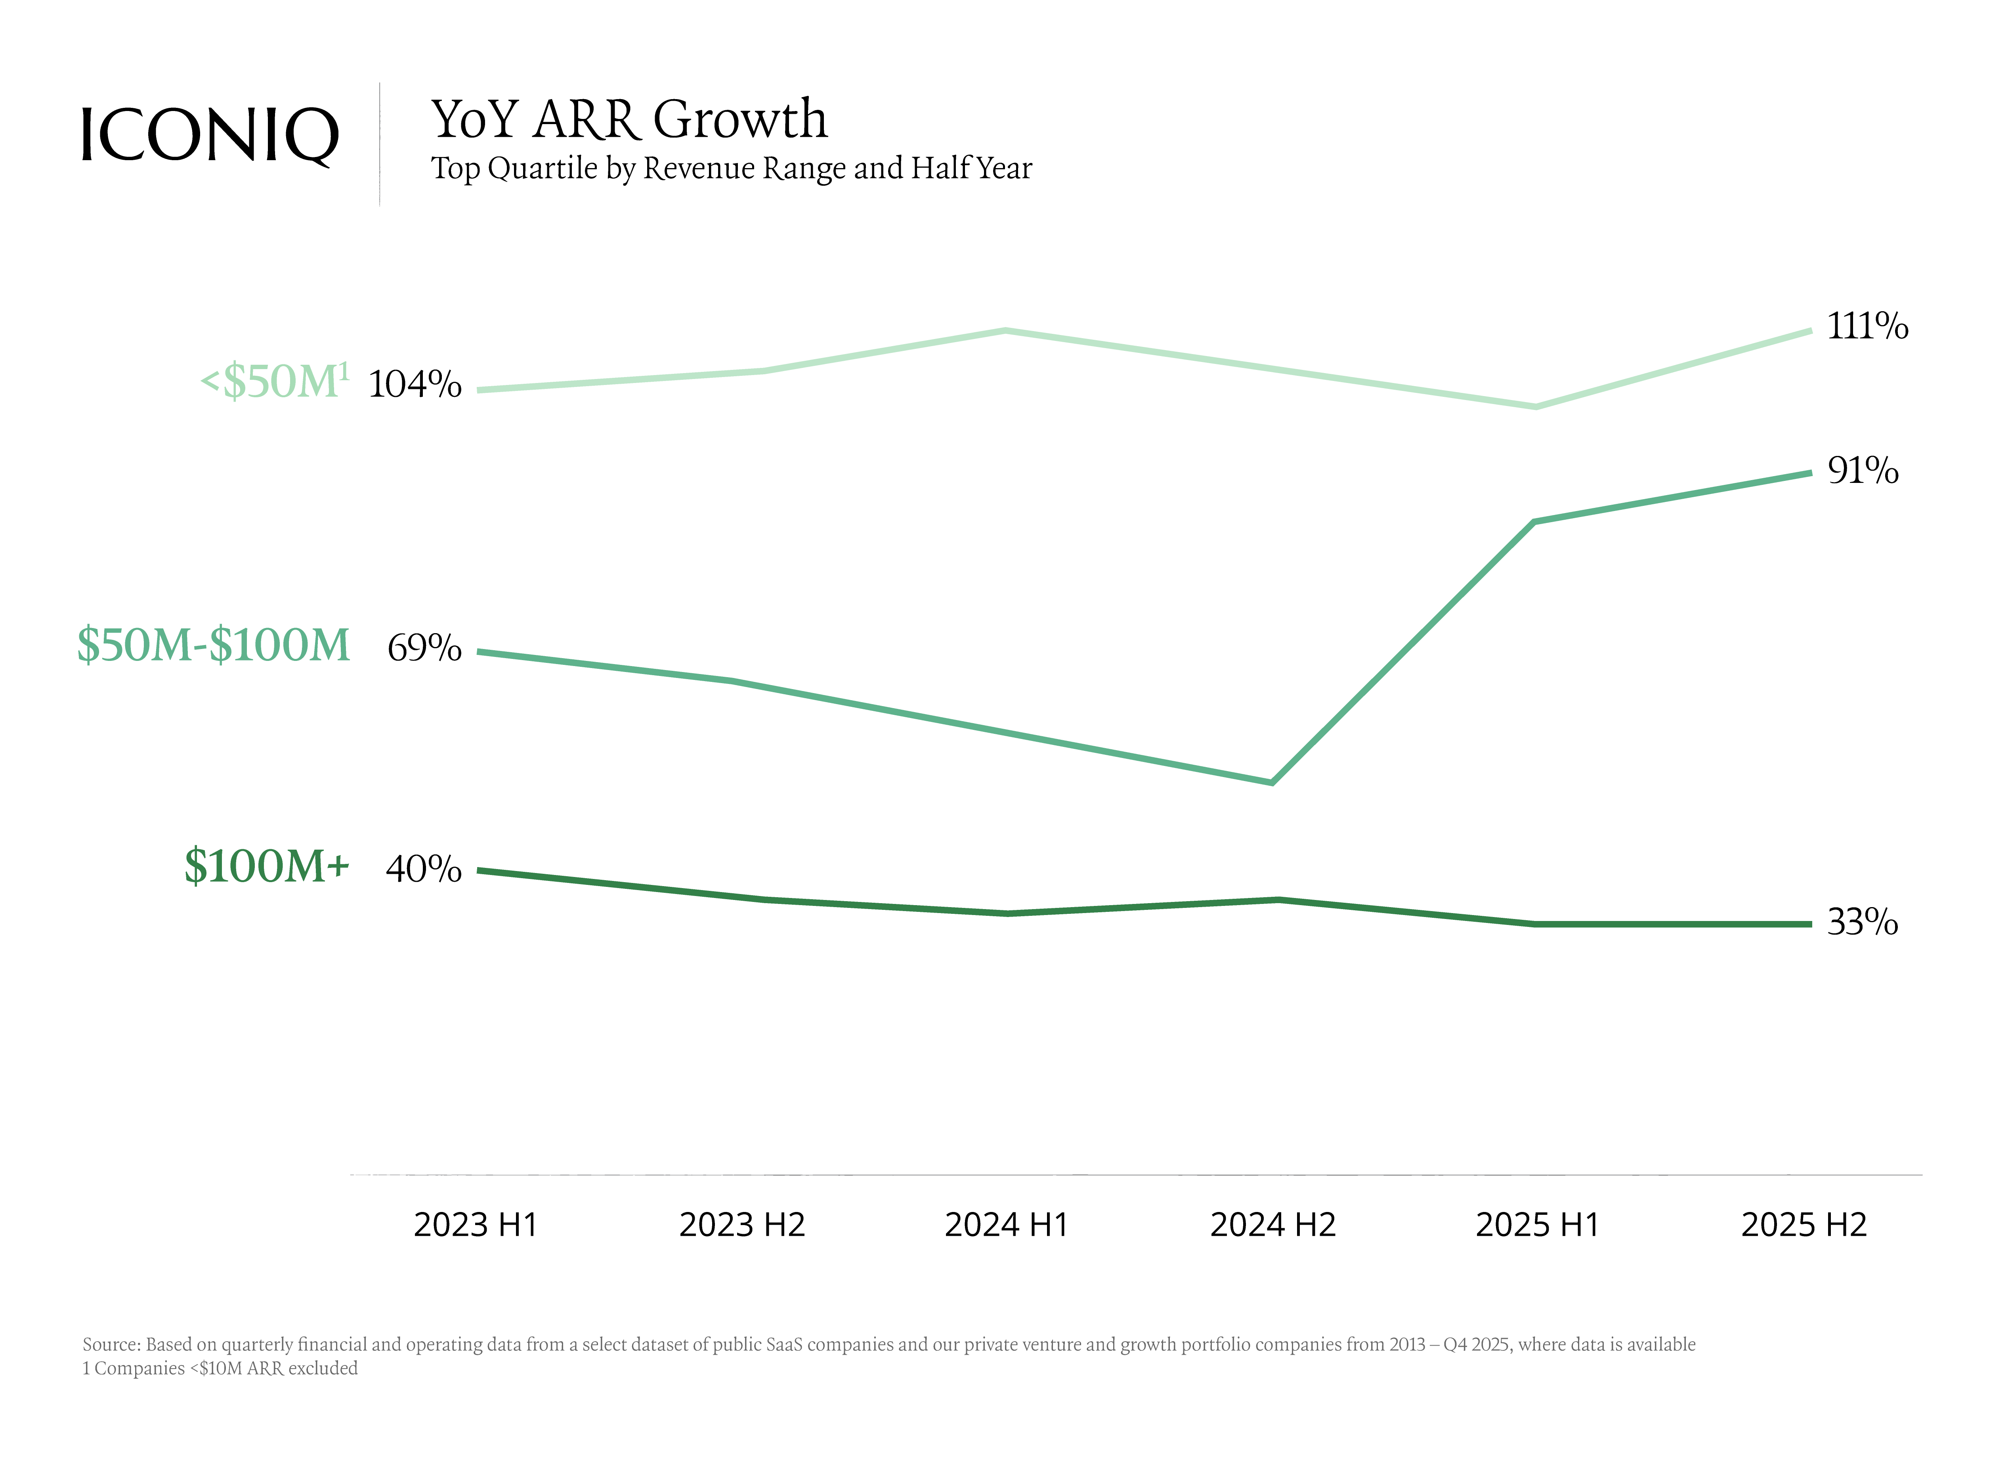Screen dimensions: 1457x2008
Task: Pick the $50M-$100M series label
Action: pyautogui.click(x=213, y=645)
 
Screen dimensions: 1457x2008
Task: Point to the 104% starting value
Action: pyautogui.click(x=415, y=385)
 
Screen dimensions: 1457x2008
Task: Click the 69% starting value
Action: pyautogui.click(x=424, y=648)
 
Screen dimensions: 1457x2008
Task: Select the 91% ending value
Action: pyautogui.click(x=1863, y=470)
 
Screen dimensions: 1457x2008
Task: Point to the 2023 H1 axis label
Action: pyautogui.click(x=476, y=1225)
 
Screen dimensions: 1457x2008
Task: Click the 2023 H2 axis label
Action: pyautogui.click(x=742, y=1225)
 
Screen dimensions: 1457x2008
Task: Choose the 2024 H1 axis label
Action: pyautogui.click(x=1007, y=1225)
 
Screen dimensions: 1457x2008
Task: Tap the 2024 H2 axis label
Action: pyautogui.click(x=1272, y=1225)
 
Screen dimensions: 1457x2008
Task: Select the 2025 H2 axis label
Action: pyautogui.click(x=1804, y=1225)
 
